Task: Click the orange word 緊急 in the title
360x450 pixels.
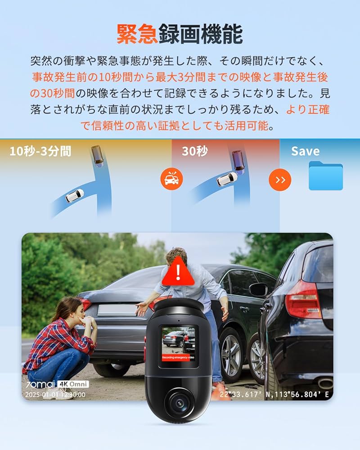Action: coord(137,34)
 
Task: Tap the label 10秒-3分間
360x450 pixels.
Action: coord(40,151)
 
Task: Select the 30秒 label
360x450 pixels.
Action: coord(195,151)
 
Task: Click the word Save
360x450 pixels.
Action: coord(305,151)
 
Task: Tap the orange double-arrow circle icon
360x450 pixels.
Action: coord(280,180)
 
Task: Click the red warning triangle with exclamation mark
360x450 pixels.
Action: coord(180,272)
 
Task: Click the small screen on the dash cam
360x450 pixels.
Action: coord(179,344)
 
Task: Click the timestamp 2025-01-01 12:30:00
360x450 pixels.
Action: coord(55,395)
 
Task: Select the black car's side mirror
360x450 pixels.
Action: coord(258,289)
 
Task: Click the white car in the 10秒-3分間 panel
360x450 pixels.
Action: coord(74,195)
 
